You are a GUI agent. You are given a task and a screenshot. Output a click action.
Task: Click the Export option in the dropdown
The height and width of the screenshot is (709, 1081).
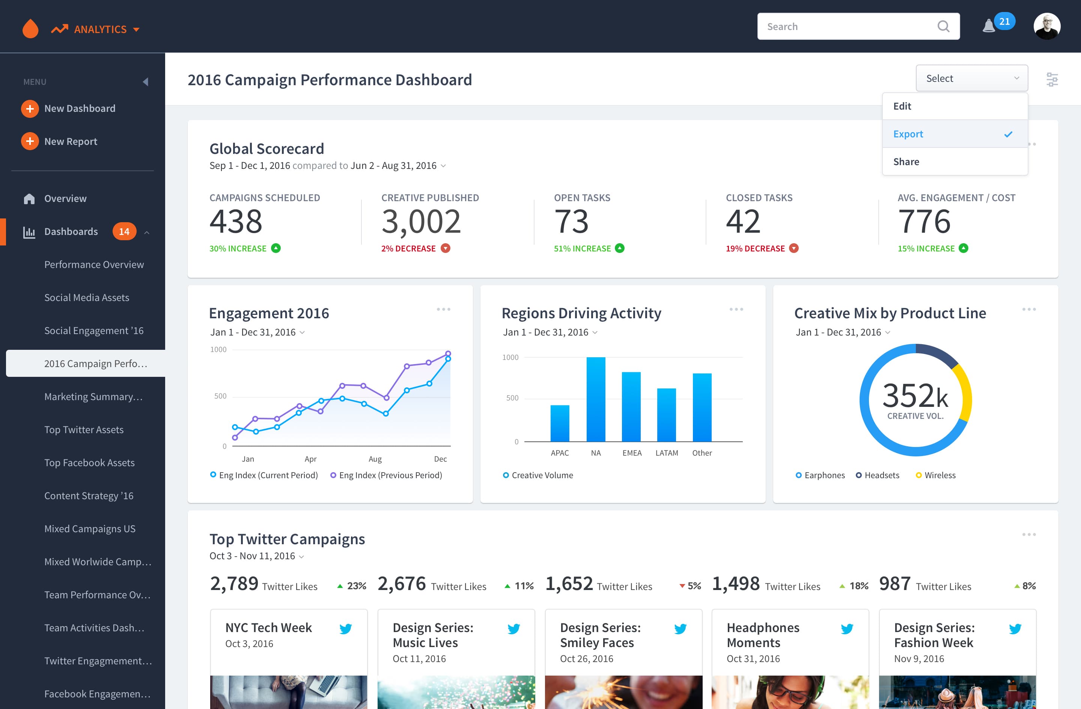[908, 134]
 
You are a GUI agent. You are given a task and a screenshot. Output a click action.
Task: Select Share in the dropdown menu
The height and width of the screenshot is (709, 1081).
[906, 162]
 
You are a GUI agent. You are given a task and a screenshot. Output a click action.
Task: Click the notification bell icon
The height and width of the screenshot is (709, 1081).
[988, 26]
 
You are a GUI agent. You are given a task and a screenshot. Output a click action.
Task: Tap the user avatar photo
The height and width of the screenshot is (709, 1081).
[1047, 26]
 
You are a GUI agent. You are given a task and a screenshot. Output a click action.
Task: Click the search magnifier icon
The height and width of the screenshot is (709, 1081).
[943, 26]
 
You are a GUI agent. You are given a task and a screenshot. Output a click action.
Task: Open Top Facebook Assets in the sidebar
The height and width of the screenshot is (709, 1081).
[89, 462]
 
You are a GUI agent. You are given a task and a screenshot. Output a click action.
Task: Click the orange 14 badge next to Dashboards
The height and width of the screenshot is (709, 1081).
[124, 232]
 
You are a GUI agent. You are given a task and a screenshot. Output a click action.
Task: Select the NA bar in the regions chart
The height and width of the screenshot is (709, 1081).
[595, 399]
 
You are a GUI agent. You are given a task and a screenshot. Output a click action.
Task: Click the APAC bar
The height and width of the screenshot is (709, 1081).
[560, 423]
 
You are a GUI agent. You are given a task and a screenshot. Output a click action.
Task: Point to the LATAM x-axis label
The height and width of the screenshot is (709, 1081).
[667, 453]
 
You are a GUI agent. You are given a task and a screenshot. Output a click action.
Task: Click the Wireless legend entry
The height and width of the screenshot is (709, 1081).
[936, 475]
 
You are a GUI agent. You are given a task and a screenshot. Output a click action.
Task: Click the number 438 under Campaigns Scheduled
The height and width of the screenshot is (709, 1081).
[236, 221]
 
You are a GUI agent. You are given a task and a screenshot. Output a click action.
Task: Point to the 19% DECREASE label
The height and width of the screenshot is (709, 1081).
[755, 248]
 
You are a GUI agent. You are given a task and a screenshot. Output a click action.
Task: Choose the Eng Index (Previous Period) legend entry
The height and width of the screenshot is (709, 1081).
[386, 475]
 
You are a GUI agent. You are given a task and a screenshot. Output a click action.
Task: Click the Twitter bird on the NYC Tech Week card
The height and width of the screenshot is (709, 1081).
[346, 629]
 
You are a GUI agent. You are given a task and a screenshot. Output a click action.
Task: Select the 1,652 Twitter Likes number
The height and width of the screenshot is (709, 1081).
[569, 584]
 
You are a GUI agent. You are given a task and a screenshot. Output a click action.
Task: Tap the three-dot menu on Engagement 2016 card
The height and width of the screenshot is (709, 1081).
[443, 309]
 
